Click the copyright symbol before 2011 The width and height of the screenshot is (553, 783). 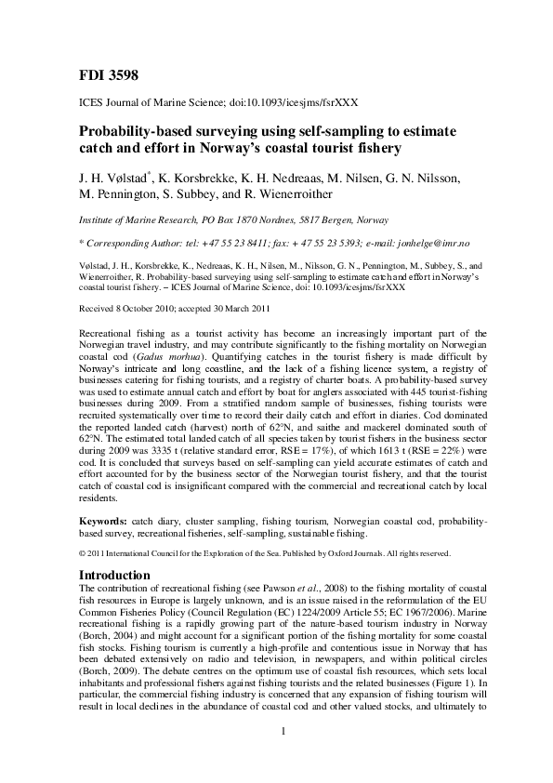click(83, 554)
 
